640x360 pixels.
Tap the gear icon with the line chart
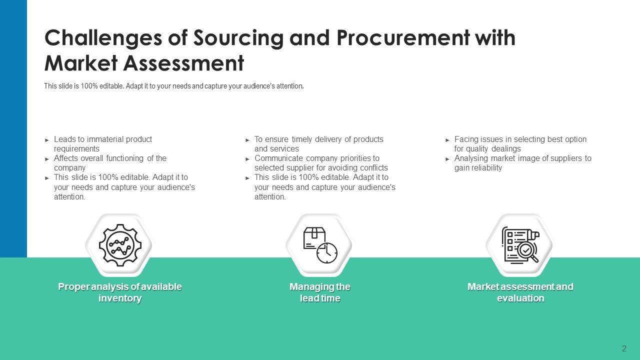[x=120, y=245]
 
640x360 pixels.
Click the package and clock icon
[x=319, y=245]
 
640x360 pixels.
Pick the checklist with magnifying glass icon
[x=520, y=245]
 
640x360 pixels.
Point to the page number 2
[x=624, y=348]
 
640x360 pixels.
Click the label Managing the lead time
[x=320, y=292]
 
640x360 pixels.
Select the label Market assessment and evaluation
[x=520, y=292]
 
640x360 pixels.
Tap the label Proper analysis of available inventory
[x=120, y=292]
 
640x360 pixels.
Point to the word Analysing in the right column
[x=471, y=158]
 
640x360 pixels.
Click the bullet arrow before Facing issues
[x=447, y=140]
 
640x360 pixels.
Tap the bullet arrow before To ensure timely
[x=247, y=140]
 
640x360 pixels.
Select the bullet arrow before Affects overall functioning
[x=47, y=159]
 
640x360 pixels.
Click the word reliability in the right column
[x=486, y=168]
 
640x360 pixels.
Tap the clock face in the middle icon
[x=327, y=253]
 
